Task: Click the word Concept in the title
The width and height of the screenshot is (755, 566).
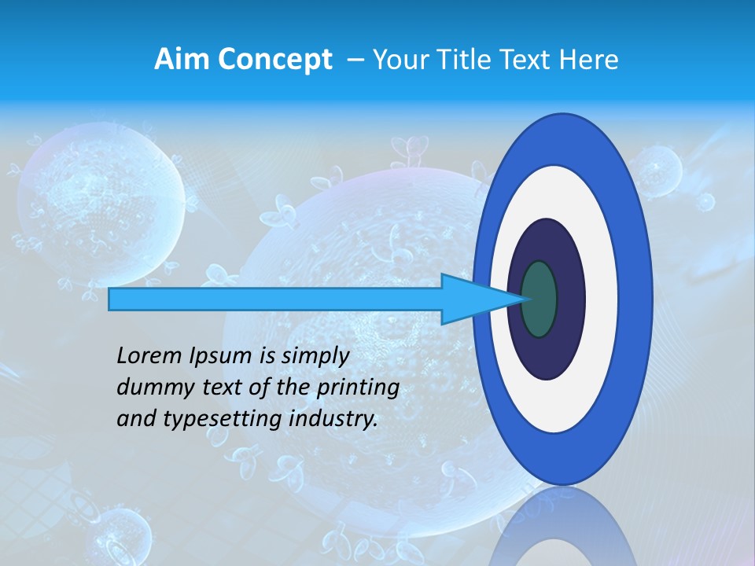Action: pos(274,59)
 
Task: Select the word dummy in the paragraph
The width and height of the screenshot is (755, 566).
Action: pos(152,388)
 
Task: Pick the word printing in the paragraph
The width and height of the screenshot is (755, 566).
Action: pos(358,388)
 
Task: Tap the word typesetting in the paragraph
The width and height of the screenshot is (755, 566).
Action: pos(205,420)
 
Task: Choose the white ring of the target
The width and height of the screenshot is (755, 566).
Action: pos(601,300)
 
